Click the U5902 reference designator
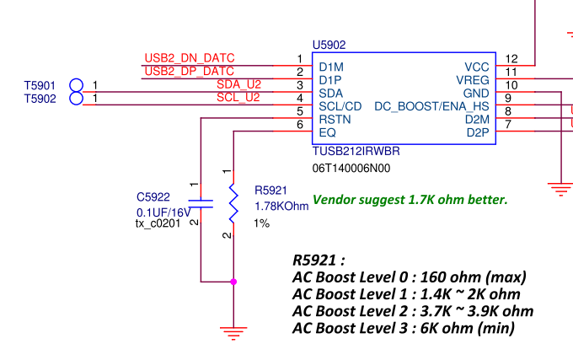pyautogui.click(x=329, y=45)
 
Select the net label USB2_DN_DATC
pyautogui.click(x=189, y=58)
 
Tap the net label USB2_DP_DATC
pyautogui.click(x=189, y=71)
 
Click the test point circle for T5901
pyautogui.click(x=77, y=85)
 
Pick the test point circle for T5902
pyautogui.click(x=77, y=99)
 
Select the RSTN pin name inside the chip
pyautogui.click(x=334, y=120)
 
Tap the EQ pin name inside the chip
pyautogui.click(x=328, y=132)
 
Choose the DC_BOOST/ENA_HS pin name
pyautogui.click(x=431, y=106)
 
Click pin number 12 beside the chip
pyautogui.click(x=511, y=58)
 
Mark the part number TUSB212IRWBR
pyautogui.click(x=356, y=152)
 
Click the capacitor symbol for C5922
pyautogui.click(x=201, y=202)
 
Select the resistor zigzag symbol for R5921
pyautogui.click(x=233, y=202)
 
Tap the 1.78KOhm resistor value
pyautogui.click(x=281, y=207)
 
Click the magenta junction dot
pyautogui.click(x=233, y=282)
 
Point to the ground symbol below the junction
pyautogui.click(x=233, y=330)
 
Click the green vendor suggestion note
pyautogui.click(x=410, y=200)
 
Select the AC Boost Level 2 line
pyautogui.click(x=413, y=311)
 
